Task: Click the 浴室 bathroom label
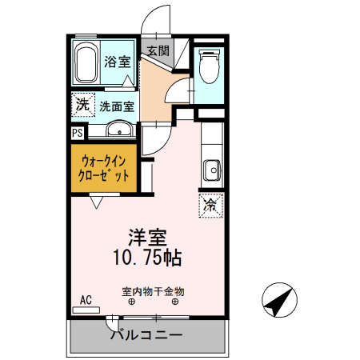point(118,61)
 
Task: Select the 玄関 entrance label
point(157,51)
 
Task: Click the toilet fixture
point(210,66)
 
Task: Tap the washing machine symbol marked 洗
point(82,104)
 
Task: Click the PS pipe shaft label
point(78,133)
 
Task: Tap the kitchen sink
point(212,170)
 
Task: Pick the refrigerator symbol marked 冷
point(210,205)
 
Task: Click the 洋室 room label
point(147,238)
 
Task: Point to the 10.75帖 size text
point(148,258)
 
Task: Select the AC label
point(86,301)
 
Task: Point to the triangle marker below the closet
point(97,203)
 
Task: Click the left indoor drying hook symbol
point(131,302)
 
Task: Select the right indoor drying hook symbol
point(175,302)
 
